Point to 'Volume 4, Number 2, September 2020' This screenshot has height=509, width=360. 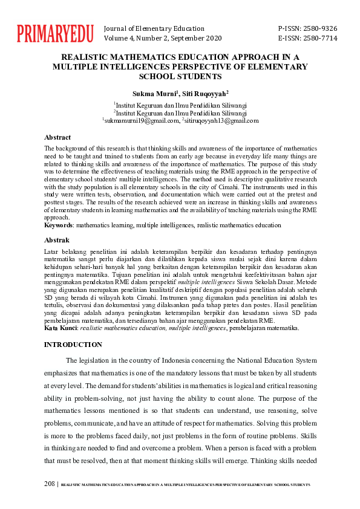point(163,38)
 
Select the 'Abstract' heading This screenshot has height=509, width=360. point(57,137)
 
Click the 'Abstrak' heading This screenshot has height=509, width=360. point(57,240)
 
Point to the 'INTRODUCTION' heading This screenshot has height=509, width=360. point(74,345)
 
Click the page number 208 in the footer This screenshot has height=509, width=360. point(50,484)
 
